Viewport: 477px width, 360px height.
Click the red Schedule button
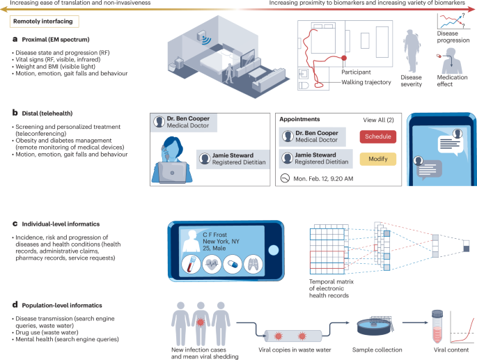coord(377,136)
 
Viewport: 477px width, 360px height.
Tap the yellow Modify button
coord(377,159)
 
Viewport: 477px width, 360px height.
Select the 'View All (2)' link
coord(377,118)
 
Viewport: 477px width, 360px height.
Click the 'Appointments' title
coord(299,118)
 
